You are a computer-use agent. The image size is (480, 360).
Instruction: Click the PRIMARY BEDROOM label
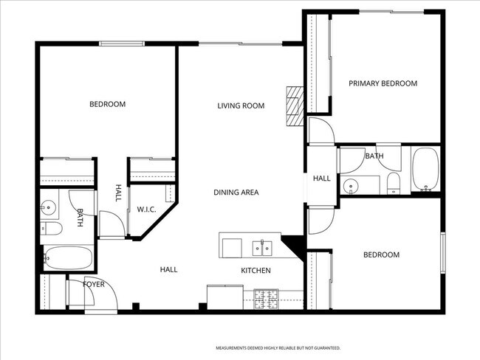[383, 83]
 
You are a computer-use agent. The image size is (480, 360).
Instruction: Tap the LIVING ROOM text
[241, 105]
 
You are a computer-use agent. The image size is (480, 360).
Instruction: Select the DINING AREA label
[236, 193]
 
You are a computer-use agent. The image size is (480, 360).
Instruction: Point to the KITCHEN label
[256, 271]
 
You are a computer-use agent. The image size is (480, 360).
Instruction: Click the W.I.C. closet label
[146, 210]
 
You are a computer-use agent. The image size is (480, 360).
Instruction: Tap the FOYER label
[93, 283]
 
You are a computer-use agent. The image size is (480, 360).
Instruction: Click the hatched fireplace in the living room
[295, 105]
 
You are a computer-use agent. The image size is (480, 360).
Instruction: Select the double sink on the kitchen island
[263, 246]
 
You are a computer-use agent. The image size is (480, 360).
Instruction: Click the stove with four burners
[266, 298]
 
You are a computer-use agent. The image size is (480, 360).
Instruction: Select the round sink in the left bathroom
[49, 207]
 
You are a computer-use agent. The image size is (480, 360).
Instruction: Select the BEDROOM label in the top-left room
[107, 104]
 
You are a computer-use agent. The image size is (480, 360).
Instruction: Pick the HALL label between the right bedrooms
[321, 179]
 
